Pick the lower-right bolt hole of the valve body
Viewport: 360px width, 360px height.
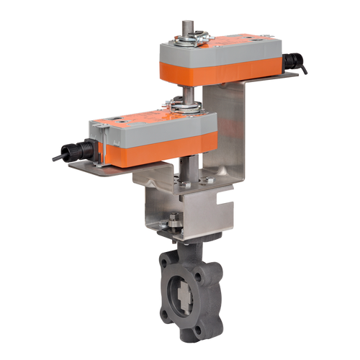click(x=208, y=320)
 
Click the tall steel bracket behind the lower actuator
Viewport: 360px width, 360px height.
click(x=230, y=144)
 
